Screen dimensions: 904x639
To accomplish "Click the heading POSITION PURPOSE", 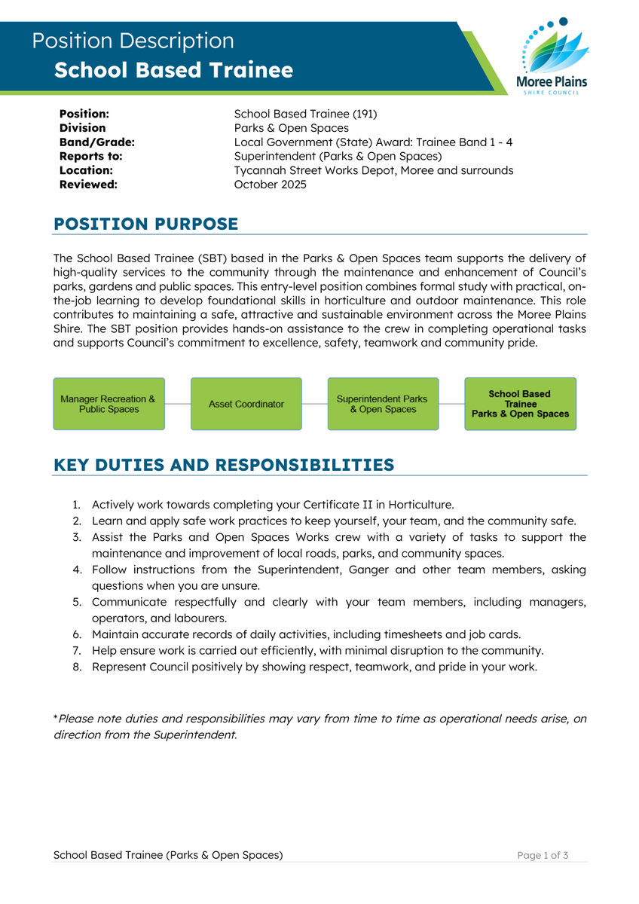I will [x=145, y=224].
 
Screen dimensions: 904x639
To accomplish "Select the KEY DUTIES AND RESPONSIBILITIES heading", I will [x=224, y=465].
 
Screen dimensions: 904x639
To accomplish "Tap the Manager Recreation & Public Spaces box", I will [x=109, y=404].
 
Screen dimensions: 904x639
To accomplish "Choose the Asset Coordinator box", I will [x=246, y=404].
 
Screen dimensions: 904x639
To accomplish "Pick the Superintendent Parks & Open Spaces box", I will [x=383, y=404].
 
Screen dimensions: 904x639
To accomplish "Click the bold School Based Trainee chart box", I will [x=520, y=404].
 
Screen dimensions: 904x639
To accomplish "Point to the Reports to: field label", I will [x=90, y=157].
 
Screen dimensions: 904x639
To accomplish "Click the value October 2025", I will [x=270, y=185].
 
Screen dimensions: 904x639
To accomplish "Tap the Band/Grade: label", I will [x=96, y=142].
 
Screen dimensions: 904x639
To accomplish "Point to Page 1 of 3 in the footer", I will [x=543, y=855].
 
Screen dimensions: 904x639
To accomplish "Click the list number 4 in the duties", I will [x=77, y=570].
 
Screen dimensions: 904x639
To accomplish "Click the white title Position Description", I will [x=133, y=41].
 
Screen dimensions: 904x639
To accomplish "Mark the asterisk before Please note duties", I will [x=55, y=718].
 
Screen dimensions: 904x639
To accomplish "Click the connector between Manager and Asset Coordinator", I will [x=178, y=404].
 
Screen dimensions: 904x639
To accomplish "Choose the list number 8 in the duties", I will [x=77, y=667].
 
